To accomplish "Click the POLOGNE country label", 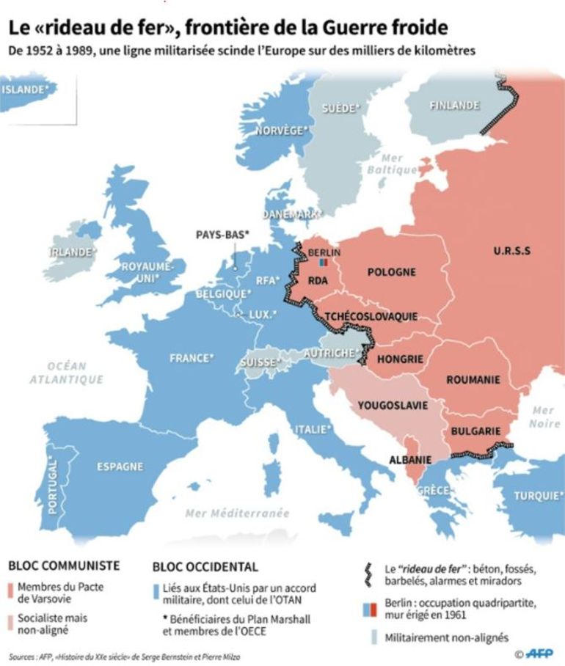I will pyautogui.click(x=391, y=272).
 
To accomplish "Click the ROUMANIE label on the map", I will pyautogui.click(x=473, y=380).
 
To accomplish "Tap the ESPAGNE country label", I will pyautogui.click(x=119, y=466).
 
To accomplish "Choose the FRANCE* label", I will pyautogui.click(x=192, y=359).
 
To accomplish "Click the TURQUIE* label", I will pyautogui.click(x=538, y=496).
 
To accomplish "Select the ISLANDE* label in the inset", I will pyautogui.click(x=29, y=89).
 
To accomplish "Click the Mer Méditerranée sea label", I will pyautogui.click(x=237, y=513).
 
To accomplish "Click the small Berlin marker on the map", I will pyautogui.click(x=323, y=262).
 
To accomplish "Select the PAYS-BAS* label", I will pyautogui.click(x=222, y=235).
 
